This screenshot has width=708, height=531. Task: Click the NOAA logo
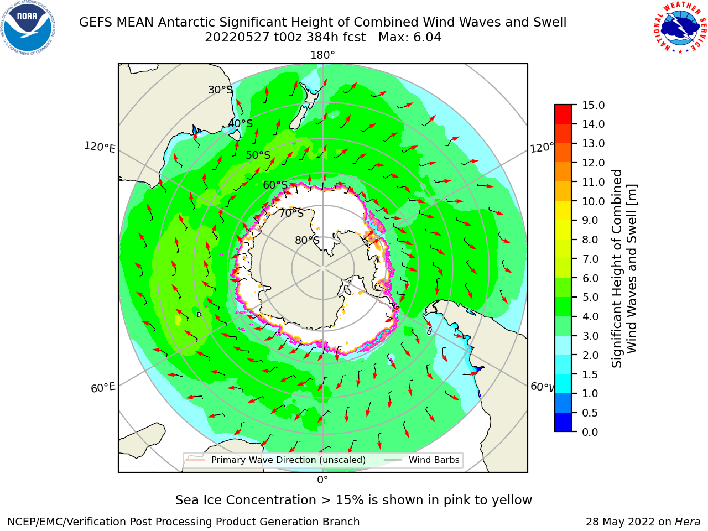click(28, 28)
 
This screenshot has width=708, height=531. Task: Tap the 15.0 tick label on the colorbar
click(593, 105)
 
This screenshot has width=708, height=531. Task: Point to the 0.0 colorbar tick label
click(590, 432)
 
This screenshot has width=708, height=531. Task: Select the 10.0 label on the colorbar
click(593, 201)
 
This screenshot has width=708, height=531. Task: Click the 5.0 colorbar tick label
click(590, 297)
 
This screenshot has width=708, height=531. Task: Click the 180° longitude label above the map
click(322, 55)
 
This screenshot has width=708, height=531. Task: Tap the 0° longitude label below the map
click(322, 480)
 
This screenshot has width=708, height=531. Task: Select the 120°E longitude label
click(100, 147)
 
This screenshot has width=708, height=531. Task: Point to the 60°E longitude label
click(103, 387)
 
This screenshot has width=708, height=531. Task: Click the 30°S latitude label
click(220, 90)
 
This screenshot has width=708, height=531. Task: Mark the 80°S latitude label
click(308, 240)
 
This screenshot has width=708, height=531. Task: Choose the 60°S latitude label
click(275, 185)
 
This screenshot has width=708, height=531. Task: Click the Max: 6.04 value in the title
click(410, 37)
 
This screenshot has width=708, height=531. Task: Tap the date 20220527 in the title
click(237, 37)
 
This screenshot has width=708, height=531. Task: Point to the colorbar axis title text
click(624, 268)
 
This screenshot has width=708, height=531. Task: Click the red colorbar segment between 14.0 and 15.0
click(563, 114)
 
